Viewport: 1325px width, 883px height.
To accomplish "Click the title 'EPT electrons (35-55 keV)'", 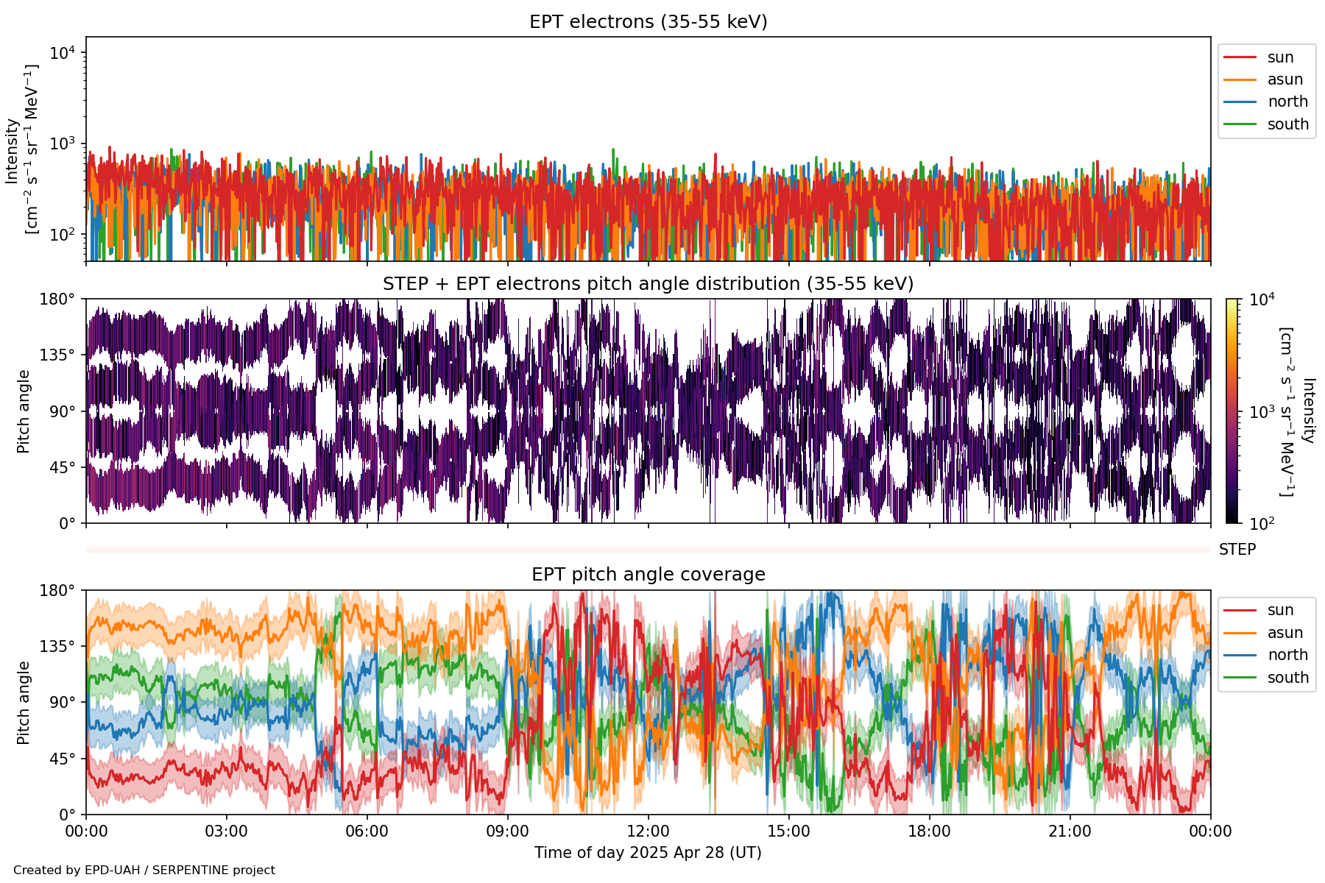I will tap(648, 22).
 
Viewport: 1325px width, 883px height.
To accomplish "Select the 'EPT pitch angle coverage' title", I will tap(648, 575).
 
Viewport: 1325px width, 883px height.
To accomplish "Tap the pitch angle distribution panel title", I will tap(648, 284).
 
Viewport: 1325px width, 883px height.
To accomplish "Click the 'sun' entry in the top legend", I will tap(1280, 57).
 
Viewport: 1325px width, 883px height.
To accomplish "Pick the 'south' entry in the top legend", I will tap(1287, 124).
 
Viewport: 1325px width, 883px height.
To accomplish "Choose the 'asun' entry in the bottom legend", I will tap(1285, 633).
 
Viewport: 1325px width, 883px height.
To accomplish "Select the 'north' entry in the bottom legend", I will tap(1287, 655).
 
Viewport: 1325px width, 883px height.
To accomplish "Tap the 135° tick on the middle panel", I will tap(57, 355).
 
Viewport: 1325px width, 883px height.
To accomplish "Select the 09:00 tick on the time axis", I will tap(507, 831).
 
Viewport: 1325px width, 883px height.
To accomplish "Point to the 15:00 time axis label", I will tap(788, 831).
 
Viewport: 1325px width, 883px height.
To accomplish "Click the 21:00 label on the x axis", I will tap(1070, 831).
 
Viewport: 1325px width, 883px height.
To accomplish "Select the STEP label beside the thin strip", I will tap(1237, 550).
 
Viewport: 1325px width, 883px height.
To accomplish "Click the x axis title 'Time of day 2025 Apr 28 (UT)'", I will tap(648, 853).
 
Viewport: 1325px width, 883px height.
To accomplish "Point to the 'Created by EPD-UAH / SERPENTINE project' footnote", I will tap(144, 870).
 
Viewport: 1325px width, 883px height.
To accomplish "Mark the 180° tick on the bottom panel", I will tap(57, 591).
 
